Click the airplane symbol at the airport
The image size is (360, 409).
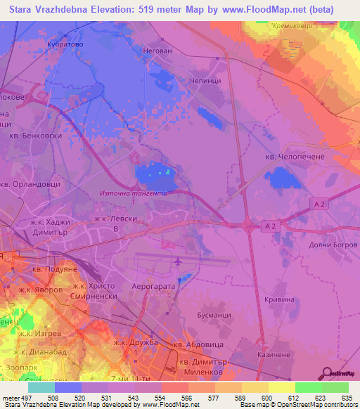(x=176, y=262)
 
